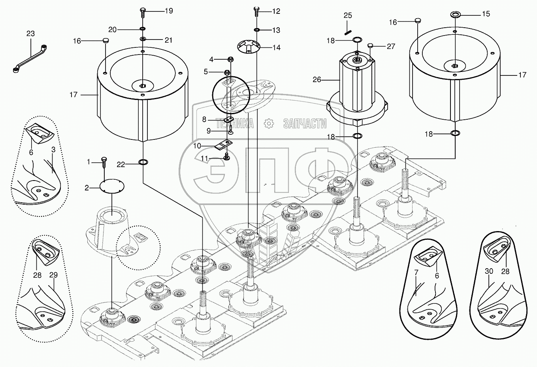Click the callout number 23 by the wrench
click(30, 34)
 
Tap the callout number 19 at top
click(169, 11)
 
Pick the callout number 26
click(317, 79)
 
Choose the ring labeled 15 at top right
click(454, 15)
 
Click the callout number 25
click(347, 15)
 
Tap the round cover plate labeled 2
click(112, 186)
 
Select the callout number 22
click(121, 165)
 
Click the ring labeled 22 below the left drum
click(142, 162)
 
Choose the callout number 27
click(390, 46)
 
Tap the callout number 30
click(490, 271)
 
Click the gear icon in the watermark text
click(268, 124)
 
